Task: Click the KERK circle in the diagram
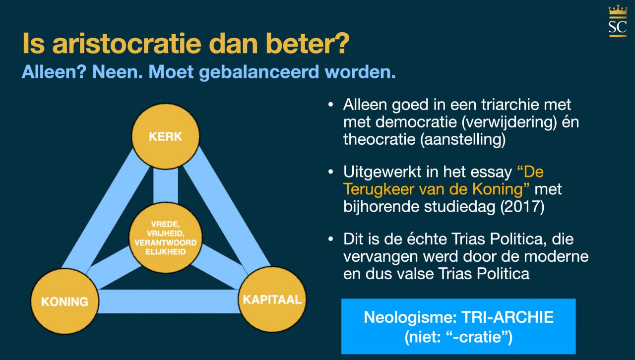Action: (166, 136)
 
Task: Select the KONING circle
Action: (64, 301)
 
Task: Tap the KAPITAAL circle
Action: (272, 300)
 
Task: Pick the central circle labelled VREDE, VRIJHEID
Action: (166, 238)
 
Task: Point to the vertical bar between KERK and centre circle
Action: (166, 185)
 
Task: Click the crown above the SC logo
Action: (618, 10)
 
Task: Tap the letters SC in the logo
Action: (618, 27)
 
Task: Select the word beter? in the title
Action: (307, 43)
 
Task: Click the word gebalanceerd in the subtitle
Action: (259, 72)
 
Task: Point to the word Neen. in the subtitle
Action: (118, 72)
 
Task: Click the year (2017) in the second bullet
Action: (522, 207)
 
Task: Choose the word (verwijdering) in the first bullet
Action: (509, 122)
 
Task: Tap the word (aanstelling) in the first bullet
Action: (463, 140)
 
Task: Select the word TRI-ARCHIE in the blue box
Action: (508, 317)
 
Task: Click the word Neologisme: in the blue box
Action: (410, 317)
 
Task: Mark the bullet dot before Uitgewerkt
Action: (330, 172)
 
